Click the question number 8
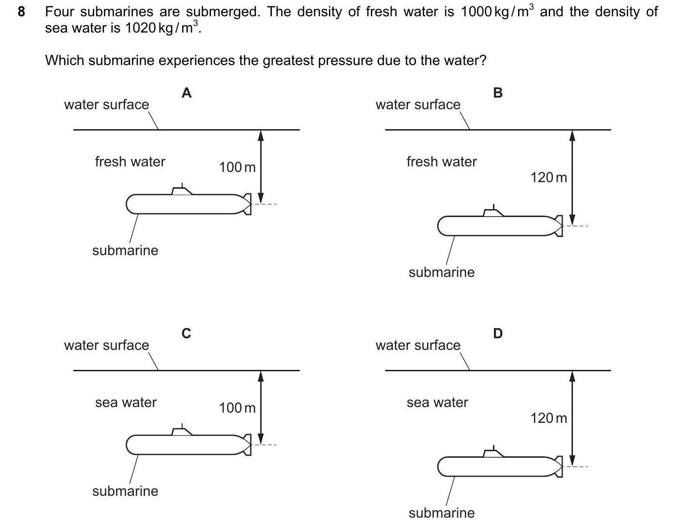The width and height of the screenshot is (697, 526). tap(21, 12)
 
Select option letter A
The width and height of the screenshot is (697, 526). tap(186, 93)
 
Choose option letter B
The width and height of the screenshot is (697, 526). tap(498, 93)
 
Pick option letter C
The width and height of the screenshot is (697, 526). tap(186, 334)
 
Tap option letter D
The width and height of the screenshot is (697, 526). tap(498, 334)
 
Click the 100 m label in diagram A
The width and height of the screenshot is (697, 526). tap(237, 167)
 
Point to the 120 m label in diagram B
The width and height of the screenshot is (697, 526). tap(548, 178)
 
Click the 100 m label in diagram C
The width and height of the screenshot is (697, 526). tap(237, 408)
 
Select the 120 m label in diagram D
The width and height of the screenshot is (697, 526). tap(548, 418)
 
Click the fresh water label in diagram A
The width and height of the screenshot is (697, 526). tap(130, 162)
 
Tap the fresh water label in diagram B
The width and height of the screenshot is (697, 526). tap(441, 162)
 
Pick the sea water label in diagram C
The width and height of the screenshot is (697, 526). tap(126, 402)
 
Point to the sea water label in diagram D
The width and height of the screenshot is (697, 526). tap(437, 402)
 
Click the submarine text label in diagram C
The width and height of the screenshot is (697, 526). tap(125, 491)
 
